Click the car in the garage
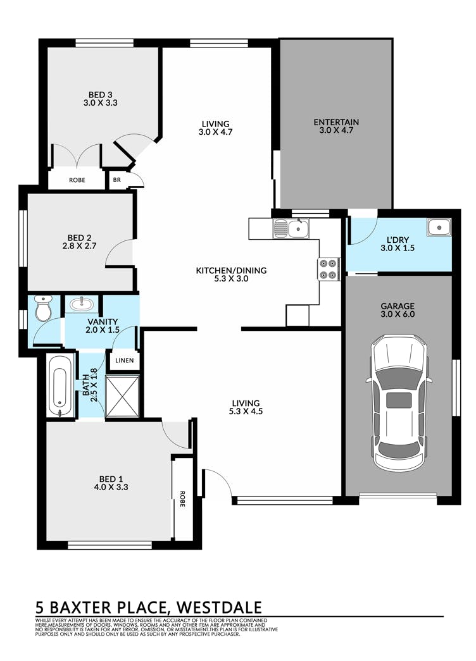point(399,403)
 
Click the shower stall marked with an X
point(122,396)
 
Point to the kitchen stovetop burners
point(329,269)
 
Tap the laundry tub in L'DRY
point(439,228)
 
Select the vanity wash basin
point(82,304)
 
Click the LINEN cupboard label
point(125,361)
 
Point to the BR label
point(117,180)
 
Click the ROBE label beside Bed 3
point(77,180)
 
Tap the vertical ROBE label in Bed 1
point(182,498)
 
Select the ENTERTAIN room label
point(336,122)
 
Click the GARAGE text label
point(398,306)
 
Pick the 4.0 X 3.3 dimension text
point(111,487)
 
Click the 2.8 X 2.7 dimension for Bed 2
point(79,245)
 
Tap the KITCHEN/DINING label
point(231,271)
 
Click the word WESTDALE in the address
point(219,607)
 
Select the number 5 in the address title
point(41,607)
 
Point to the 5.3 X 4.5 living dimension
point(246,411)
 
